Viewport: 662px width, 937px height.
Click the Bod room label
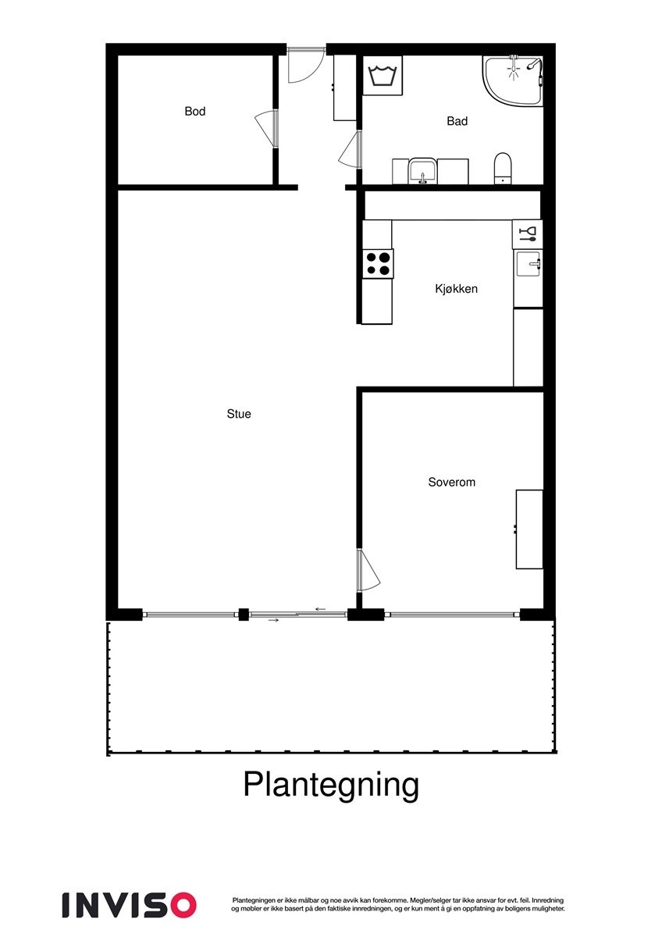coord(195,112)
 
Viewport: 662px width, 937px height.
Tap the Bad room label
coord(457,121)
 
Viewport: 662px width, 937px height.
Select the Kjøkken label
coord(456,289)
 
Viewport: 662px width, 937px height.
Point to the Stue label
coord(239,414)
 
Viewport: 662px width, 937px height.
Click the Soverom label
coord(451,483)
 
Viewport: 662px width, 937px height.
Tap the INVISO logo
coord(130,905)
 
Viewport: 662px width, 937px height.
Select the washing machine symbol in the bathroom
coord(383,76)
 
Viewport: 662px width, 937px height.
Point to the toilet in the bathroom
coord(502,168)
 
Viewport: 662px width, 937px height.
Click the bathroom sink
coord(422,170)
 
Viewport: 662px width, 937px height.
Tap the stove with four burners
coord(378,263)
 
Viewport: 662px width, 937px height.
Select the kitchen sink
coord(529,263)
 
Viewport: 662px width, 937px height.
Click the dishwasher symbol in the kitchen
coord(528,233)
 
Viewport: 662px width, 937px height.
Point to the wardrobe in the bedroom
coord(529,529)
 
